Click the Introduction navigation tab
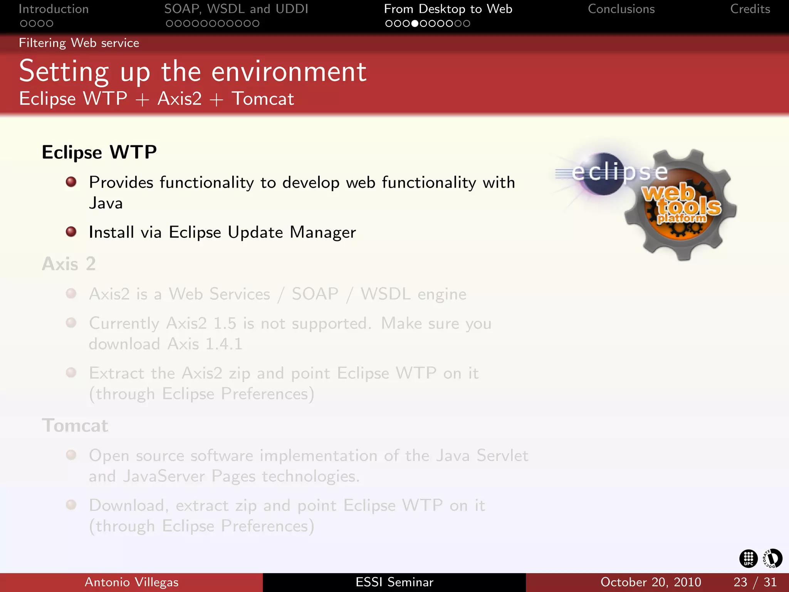(x=54, y=9)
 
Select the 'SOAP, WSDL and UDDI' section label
(x=236, y=9)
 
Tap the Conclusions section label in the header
(x=621, y=9)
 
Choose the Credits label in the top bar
(x=750, y=9)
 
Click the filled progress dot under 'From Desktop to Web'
(x=415, y=24)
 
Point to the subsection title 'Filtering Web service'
(x=79, y=43)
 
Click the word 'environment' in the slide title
(x=289, y=72)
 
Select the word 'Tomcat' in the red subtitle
(x=263, y=99)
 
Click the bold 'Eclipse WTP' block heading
(x=99, y=152)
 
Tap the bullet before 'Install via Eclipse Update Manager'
(x=71, y=232)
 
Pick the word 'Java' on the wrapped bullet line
(x=106, y=203)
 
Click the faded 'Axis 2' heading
(x=69, y=264)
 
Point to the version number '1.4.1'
(x=224, y=344)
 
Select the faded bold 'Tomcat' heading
(x=75, y=426)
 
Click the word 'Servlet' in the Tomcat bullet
(x=502, y=456)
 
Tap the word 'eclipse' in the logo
(x=619, y=172)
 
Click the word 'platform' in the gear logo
(x=682, y=218)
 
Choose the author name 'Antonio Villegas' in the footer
(x=131, y=582)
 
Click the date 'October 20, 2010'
(x=651, y=582)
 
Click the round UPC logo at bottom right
(x=749, y=558)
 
